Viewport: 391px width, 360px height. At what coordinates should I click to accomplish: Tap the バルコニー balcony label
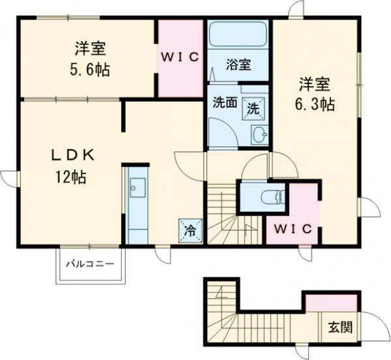coord(90,264)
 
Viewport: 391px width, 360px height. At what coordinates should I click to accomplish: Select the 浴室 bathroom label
coord(239,65)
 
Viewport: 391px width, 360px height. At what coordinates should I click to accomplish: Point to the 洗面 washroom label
coord(224,103)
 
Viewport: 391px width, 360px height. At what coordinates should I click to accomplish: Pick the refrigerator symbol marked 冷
coord(189,230)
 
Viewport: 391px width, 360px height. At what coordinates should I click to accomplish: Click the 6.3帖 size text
coord(317,104)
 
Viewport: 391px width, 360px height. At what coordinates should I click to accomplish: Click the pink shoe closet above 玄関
coord(332,302)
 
